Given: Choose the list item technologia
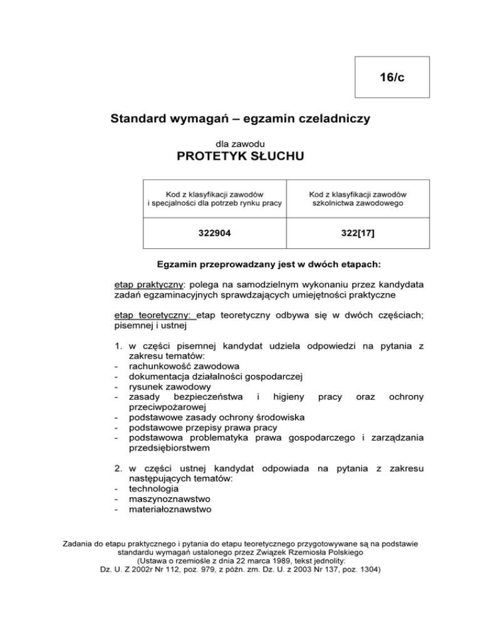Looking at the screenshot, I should pos(153,488).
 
